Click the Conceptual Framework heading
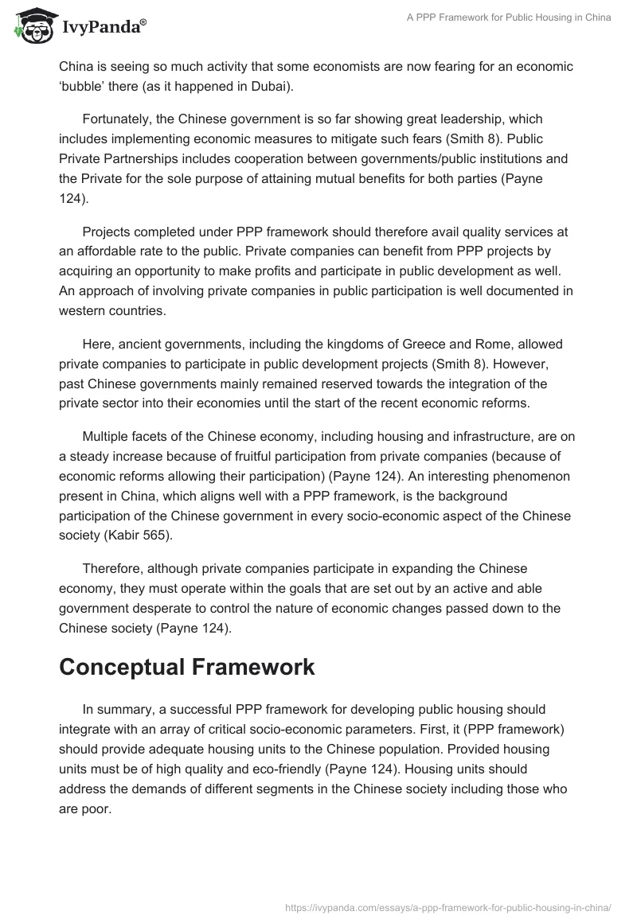click(187, 668)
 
